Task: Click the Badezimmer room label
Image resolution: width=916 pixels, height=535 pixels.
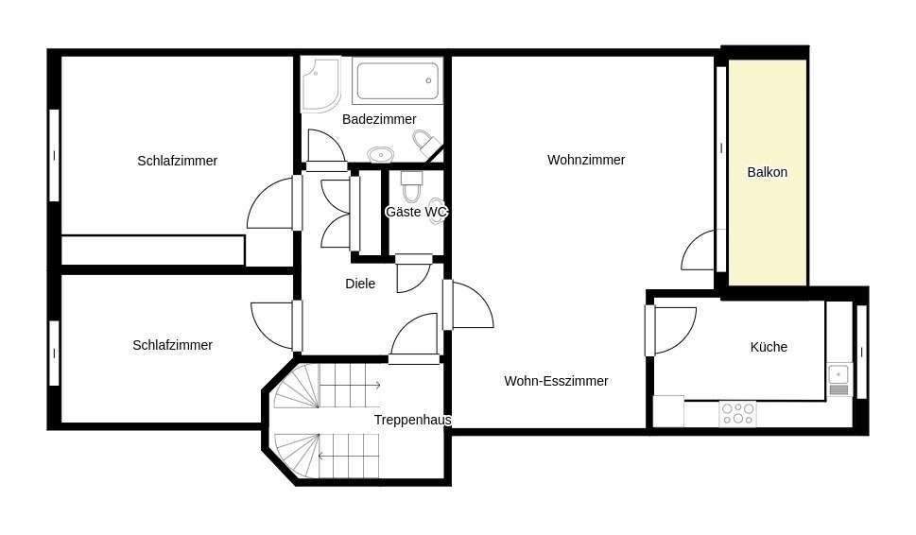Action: pyautogui.click(x=379, y=119)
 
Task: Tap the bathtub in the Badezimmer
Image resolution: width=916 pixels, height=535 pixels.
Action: pyautogui.click(x=397, y=81)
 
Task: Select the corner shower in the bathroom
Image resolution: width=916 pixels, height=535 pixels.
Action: pyautogui.click(x=320, y=83)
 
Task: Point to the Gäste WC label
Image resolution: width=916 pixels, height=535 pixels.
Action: pyautogui.click(x=415, y=212)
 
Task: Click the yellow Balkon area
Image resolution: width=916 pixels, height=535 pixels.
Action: pyautogui.click(x=767, y=172)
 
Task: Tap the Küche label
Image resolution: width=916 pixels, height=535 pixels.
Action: pyautogui.click(x=769, y=347)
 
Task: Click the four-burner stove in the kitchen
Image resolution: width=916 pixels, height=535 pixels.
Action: pyautogui.click(x=737, y=413)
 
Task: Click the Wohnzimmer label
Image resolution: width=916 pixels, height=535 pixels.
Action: pyautogui.click(x=586, y=160)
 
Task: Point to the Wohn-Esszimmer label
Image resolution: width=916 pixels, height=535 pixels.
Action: pyautogui.click(x=556, y=381)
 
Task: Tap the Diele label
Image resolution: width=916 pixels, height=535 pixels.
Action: pyautogui.click(x=360, y=284)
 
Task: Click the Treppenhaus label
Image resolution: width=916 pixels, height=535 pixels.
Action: pyautogui.click(x=412, y=420)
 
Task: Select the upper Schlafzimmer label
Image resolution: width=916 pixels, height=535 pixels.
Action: pyautogui.click(x=177, y=161)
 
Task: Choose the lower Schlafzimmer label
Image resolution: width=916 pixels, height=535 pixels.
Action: pyautogui.click(x=172, y=345)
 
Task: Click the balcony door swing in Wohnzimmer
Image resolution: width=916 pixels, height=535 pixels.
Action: pyautogui.click(x=700, y=250)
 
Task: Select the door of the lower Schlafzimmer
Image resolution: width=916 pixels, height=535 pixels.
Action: pyautogui.click(x=273, y=323)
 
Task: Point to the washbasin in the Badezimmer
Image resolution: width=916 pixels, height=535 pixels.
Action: pyautogui.click(x=380, y=154)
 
